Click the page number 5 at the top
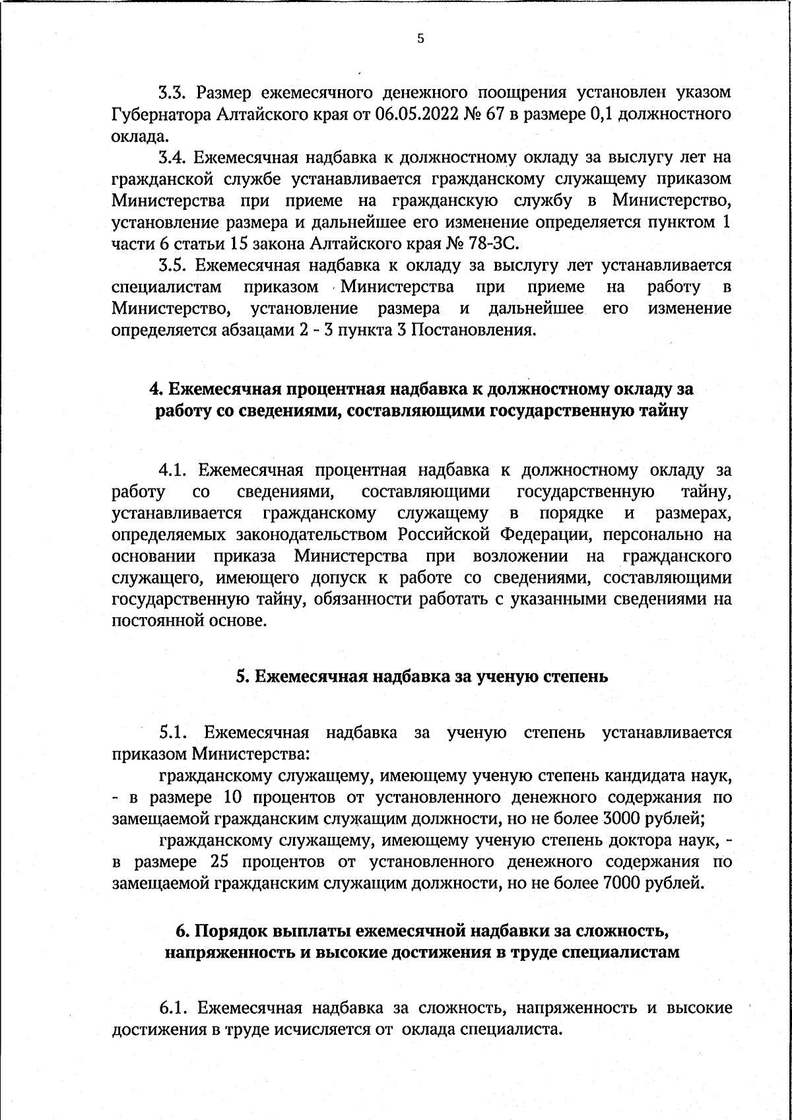[x=420, y=39]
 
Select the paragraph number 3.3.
[x=173, y=92]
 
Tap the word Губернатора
[x=160, y=114]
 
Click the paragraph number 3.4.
[x=173, y=157]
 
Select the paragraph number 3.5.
[x=173, y=265]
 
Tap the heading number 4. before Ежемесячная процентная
[x=157, y=389]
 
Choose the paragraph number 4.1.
[x=174, y=471]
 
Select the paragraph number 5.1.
[x=174, y=733]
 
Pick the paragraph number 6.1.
[x=174, y=1008]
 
